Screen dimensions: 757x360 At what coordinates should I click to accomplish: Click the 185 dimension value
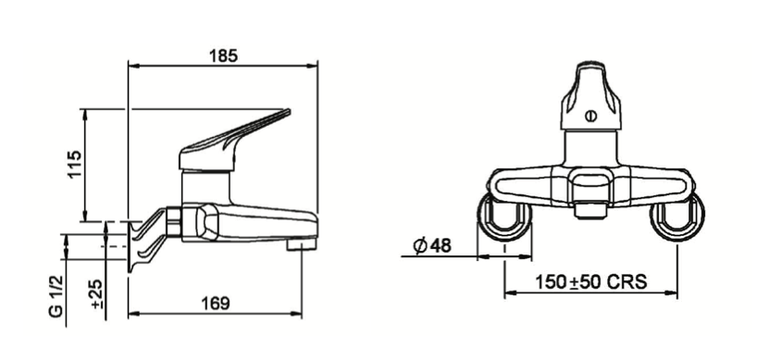tap(223, 56)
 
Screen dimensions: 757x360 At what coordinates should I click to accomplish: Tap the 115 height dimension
tap(74, 165)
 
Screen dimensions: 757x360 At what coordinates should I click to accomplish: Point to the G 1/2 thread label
tap(56, 294)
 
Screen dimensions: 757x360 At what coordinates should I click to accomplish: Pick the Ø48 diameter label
tap(432, 246)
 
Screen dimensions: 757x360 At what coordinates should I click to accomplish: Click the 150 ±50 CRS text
tap(590, 281)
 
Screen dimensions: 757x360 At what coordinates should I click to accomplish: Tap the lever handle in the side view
tap(233, 141)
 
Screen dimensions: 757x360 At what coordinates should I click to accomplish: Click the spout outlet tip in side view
tap(302, 244)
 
